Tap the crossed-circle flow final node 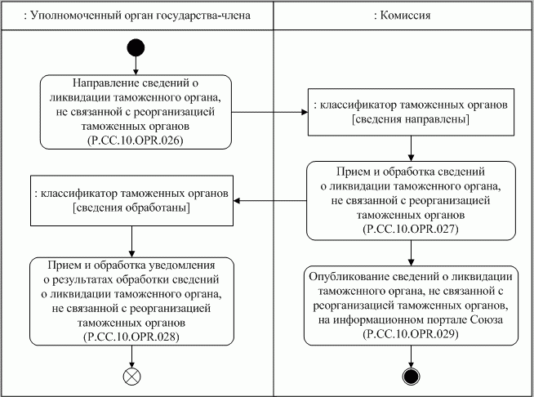[132, 377]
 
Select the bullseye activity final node [412, 377]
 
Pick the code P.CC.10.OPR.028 [132, 336]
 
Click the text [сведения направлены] [412, 120]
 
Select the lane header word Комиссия [409, 14]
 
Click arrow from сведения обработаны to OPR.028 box [132, 242]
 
